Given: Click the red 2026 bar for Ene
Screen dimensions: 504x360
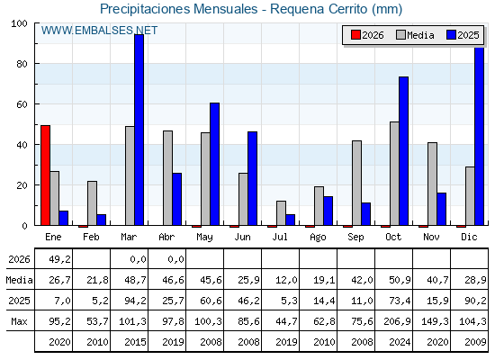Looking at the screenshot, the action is [45, 175].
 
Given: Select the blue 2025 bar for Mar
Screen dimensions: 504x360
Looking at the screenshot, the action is [139, 130].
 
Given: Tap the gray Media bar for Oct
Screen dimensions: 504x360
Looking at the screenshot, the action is [394, 174].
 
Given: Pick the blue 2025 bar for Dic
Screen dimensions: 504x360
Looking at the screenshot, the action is [479, 136].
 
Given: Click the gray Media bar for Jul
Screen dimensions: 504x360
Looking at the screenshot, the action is [281, 213].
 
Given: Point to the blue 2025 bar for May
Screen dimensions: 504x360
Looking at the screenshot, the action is [215, 164].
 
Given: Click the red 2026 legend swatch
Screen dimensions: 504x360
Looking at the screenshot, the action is [355, 35].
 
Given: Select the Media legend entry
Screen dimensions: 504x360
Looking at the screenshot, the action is [415, 35].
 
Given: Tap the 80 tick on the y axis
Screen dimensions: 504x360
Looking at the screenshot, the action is [22, 64].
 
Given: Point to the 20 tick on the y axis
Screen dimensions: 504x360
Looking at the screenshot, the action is [22, 185].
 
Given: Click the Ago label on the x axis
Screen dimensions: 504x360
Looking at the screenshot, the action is [318, 238].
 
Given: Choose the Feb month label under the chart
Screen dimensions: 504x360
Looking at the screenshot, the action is [91, 237].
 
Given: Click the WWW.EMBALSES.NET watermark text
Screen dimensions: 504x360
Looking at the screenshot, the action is [99, 31].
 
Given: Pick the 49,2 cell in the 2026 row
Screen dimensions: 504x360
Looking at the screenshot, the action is [59, 259].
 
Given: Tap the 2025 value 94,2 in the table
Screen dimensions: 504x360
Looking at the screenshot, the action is [135, 301].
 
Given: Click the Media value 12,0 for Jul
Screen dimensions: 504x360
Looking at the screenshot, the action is [287, 280].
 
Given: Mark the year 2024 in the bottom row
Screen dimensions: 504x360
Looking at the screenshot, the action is [400, 342].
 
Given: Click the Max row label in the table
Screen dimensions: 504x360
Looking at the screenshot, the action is [19, 321].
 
